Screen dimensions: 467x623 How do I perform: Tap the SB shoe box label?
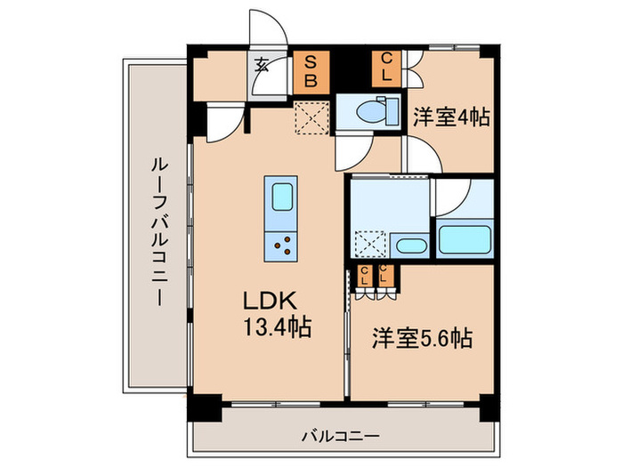(311, 69)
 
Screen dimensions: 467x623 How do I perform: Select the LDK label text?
(268, 301)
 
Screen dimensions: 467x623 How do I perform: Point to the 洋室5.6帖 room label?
(422, 338)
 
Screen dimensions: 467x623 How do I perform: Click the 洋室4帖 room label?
(451, 117)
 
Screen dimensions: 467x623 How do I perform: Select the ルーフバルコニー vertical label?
(157, 231)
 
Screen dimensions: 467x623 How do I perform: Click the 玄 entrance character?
(263, 64)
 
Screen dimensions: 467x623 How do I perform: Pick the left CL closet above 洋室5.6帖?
(365, 276)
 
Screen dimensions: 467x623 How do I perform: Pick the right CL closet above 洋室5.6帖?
(385, 276)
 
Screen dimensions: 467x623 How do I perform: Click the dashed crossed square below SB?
(311, 116)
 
